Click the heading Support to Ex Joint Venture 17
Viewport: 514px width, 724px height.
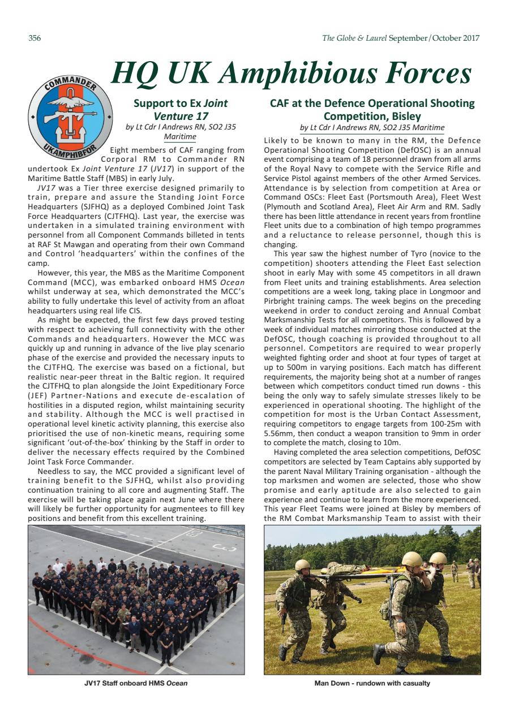181,110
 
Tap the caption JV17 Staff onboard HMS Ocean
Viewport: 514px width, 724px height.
136,683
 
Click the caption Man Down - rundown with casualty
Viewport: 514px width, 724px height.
372,683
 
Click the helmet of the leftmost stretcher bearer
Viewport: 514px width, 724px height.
302,564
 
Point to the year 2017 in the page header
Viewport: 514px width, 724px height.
471,38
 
